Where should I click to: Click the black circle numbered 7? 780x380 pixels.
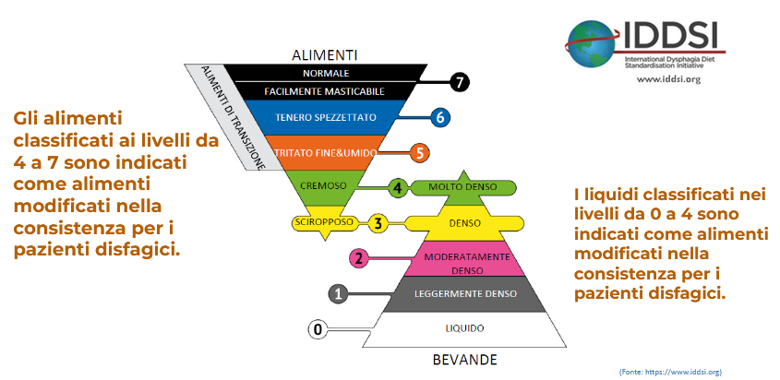(x=461, y=82)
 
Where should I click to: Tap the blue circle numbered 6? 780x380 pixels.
(x=440, y=117)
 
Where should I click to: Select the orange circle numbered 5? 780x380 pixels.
(x=420, y=152)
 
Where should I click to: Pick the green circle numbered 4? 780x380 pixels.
(x=398, y=187)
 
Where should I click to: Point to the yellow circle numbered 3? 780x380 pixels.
(x=378, y=222)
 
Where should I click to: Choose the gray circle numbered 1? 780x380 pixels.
(x=339, y=293)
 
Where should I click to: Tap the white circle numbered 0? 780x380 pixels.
(x=318, y=328)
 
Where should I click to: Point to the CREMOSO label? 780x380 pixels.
(x=325, y=186)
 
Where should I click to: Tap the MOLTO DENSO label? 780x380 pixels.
(x=463, y=187)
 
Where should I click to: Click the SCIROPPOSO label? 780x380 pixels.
(x=318, y=222)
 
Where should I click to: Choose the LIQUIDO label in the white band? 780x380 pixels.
(x=463, y=328)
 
